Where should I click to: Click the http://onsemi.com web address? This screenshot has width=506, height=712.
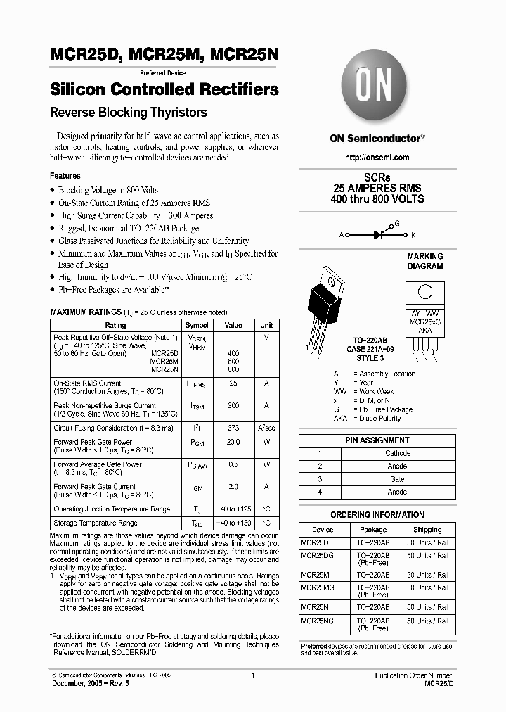(377, 158)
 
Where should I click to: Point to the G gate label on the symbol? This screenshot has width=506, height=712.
(396, 223)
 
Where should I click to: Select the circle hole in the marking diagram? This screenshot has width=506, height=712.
(424, 293)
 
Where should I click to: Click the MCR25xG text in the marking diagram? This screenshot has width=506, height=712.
(425, 321)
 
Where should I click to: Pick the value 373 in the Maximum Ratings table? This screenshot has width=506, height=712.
(233, 428)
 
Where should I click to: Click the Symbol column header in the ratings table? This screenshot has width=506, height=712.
(197, 326)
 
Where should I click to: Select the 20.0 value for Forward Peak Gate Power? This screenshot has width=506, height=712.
(233, 443)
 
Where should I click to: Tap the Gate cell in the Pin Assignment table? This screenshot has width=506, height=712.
(397, 479)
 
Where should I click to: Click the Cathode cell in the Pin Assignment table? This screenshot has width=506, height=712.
(397, 454)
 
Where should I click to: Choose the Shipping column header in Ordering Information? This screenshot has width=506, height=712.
(427, 530)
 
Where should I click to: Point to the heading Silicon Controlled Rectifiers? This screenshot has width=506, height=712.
(164, 90)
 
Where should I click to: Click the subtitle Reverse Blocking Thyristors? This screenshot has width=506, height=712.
(128, 113)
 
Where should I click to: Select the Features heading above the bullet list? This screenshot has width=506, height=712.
(65, 176)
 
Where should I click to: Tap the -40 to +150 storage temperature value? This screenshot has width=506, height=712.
(233, 523)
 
